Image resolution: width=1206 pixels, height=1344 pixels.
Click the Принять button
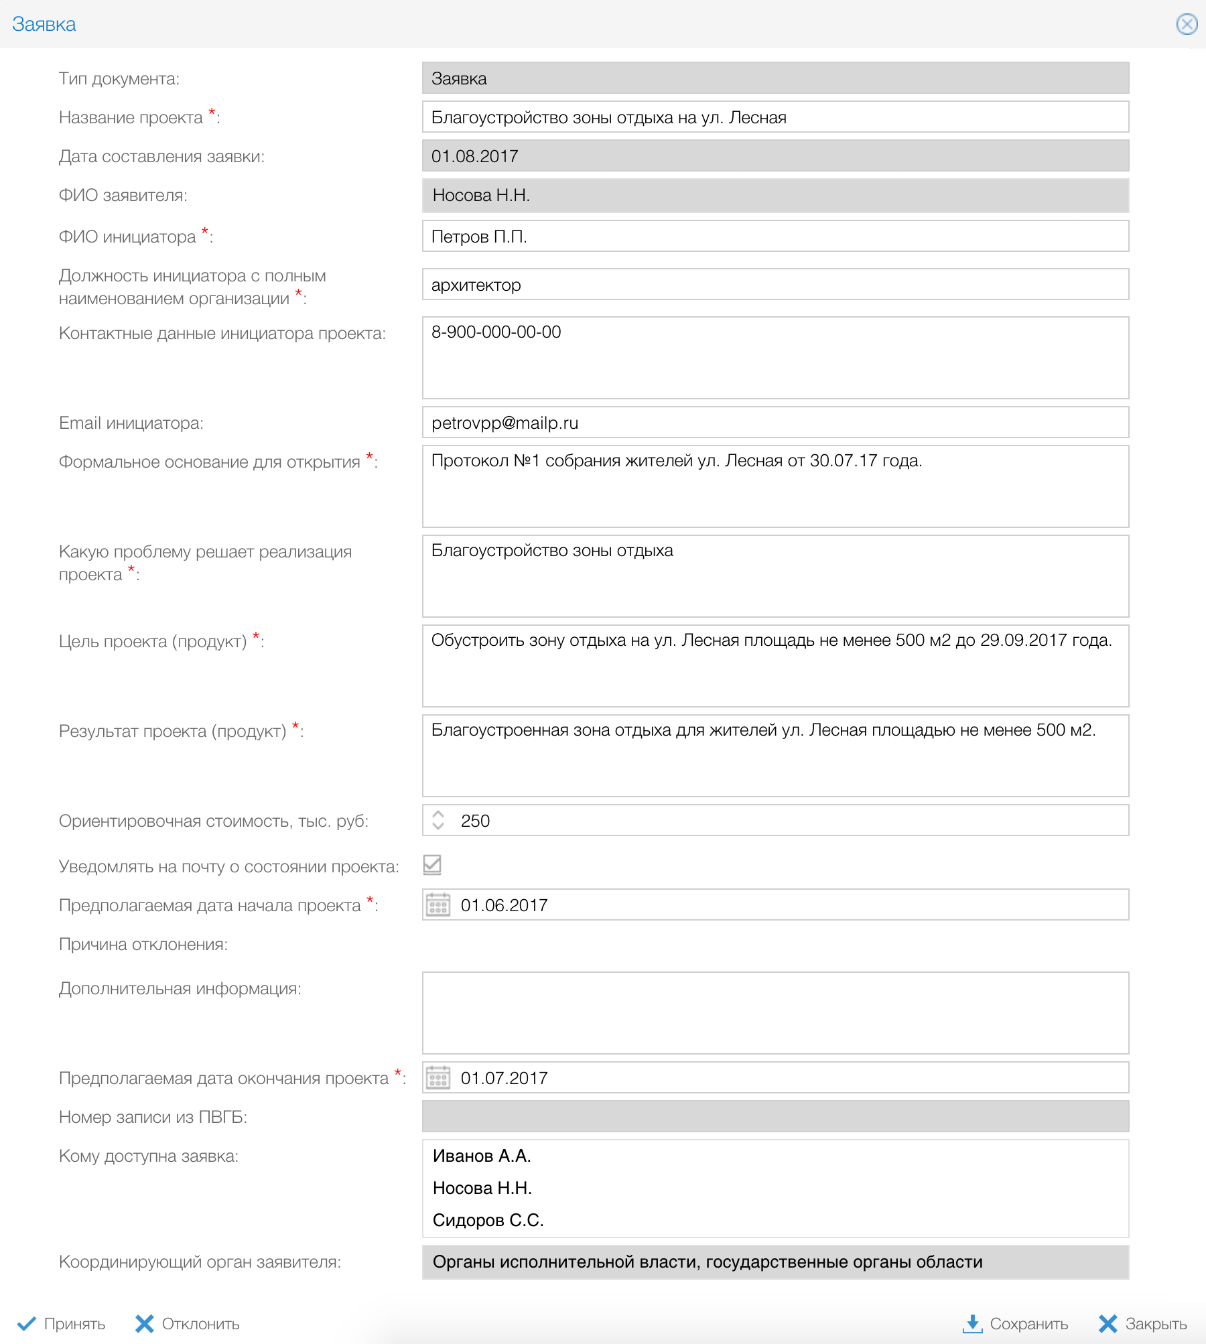(62, 1323)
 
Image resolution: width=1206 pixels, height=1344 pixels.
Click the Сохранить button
(1016, 1323)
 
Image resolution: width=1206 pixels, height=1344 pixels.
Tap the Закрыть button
(1143, 1323)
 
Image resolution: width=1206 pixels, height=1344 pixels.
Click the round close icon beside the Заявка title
(1187, 24)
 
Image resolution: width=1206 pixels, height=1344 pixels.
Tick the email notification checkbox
(432, 865)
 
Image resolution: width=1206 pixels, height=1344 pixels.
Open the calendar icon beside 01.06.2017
(438, 905)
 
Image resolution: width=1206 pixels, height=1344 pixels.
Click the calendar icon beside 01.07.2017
(438, 1078)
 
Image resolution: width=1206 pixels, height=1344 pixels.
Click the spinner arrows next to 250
(438, 820)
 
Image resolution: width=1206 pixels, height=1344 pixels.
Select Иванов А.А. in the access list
(482, 1156)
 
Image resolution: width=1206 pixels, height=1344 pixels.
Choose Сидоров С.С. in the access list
(488, 1220)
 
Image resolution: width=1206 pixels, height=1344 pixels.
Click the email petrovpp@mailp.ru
(505, 423)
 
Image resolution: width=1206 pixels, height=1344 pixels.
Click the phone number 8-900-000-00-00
(496, 332)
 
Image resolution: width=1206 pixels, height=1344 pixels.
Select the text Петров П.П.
(479, 237)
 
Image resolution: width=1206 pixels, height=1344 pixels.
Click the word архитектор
(476, 285)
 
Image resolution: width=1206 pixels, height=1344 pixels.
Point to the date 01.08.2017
(474, 156)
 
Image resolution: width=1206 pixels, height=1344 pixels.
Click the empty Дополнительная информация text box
(775, 1012)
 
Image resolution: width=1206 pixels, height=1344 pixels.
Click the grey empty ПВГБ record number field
(775, 1116)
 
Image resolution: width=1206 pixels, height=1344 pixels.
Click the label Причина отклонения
(143, 944)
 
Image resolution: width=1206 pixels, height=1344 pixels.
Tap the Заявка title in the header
(44, 24)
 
